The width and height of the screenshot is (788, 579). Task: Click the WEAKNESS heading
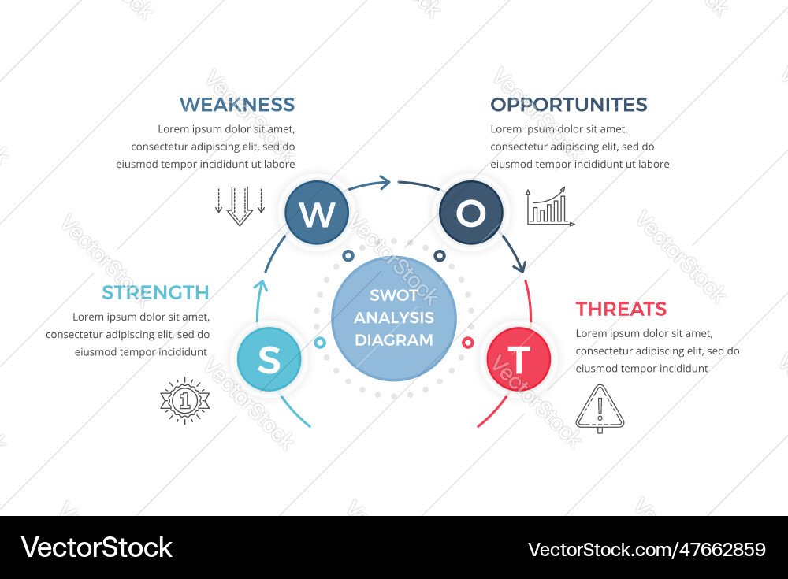point(237,104)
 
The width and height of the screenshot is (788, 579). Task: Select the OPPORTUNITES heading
point(568,104)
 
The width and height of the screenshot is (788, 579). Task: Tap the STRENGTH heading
point(155,292)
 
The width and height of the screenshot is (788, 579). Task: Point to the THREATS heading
point(621,309)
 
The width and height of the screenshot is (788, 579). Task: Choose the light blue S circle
point(269,359)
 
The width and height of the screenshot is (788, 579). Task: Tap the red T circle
point(519,359)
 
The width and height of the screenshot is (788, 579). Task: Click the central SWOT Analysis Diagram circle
point(394,317)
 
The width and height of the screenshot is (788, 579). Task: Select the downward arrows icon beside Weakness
point(240,206)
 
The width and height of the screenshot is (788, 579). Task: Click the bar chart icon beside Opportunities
point(550,207)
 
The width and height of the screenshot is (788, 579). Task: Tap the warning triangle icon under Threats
point(600,408)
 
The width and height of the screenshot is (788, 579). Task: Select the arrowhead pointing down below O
point(519,268)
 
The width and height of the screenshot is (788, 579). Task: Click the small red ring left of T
point(467,343)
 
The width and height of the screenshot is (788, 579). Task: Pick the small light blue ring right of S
point(320,343)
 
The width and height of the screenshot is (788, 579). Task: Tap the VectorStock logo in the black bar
point(96,547)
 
